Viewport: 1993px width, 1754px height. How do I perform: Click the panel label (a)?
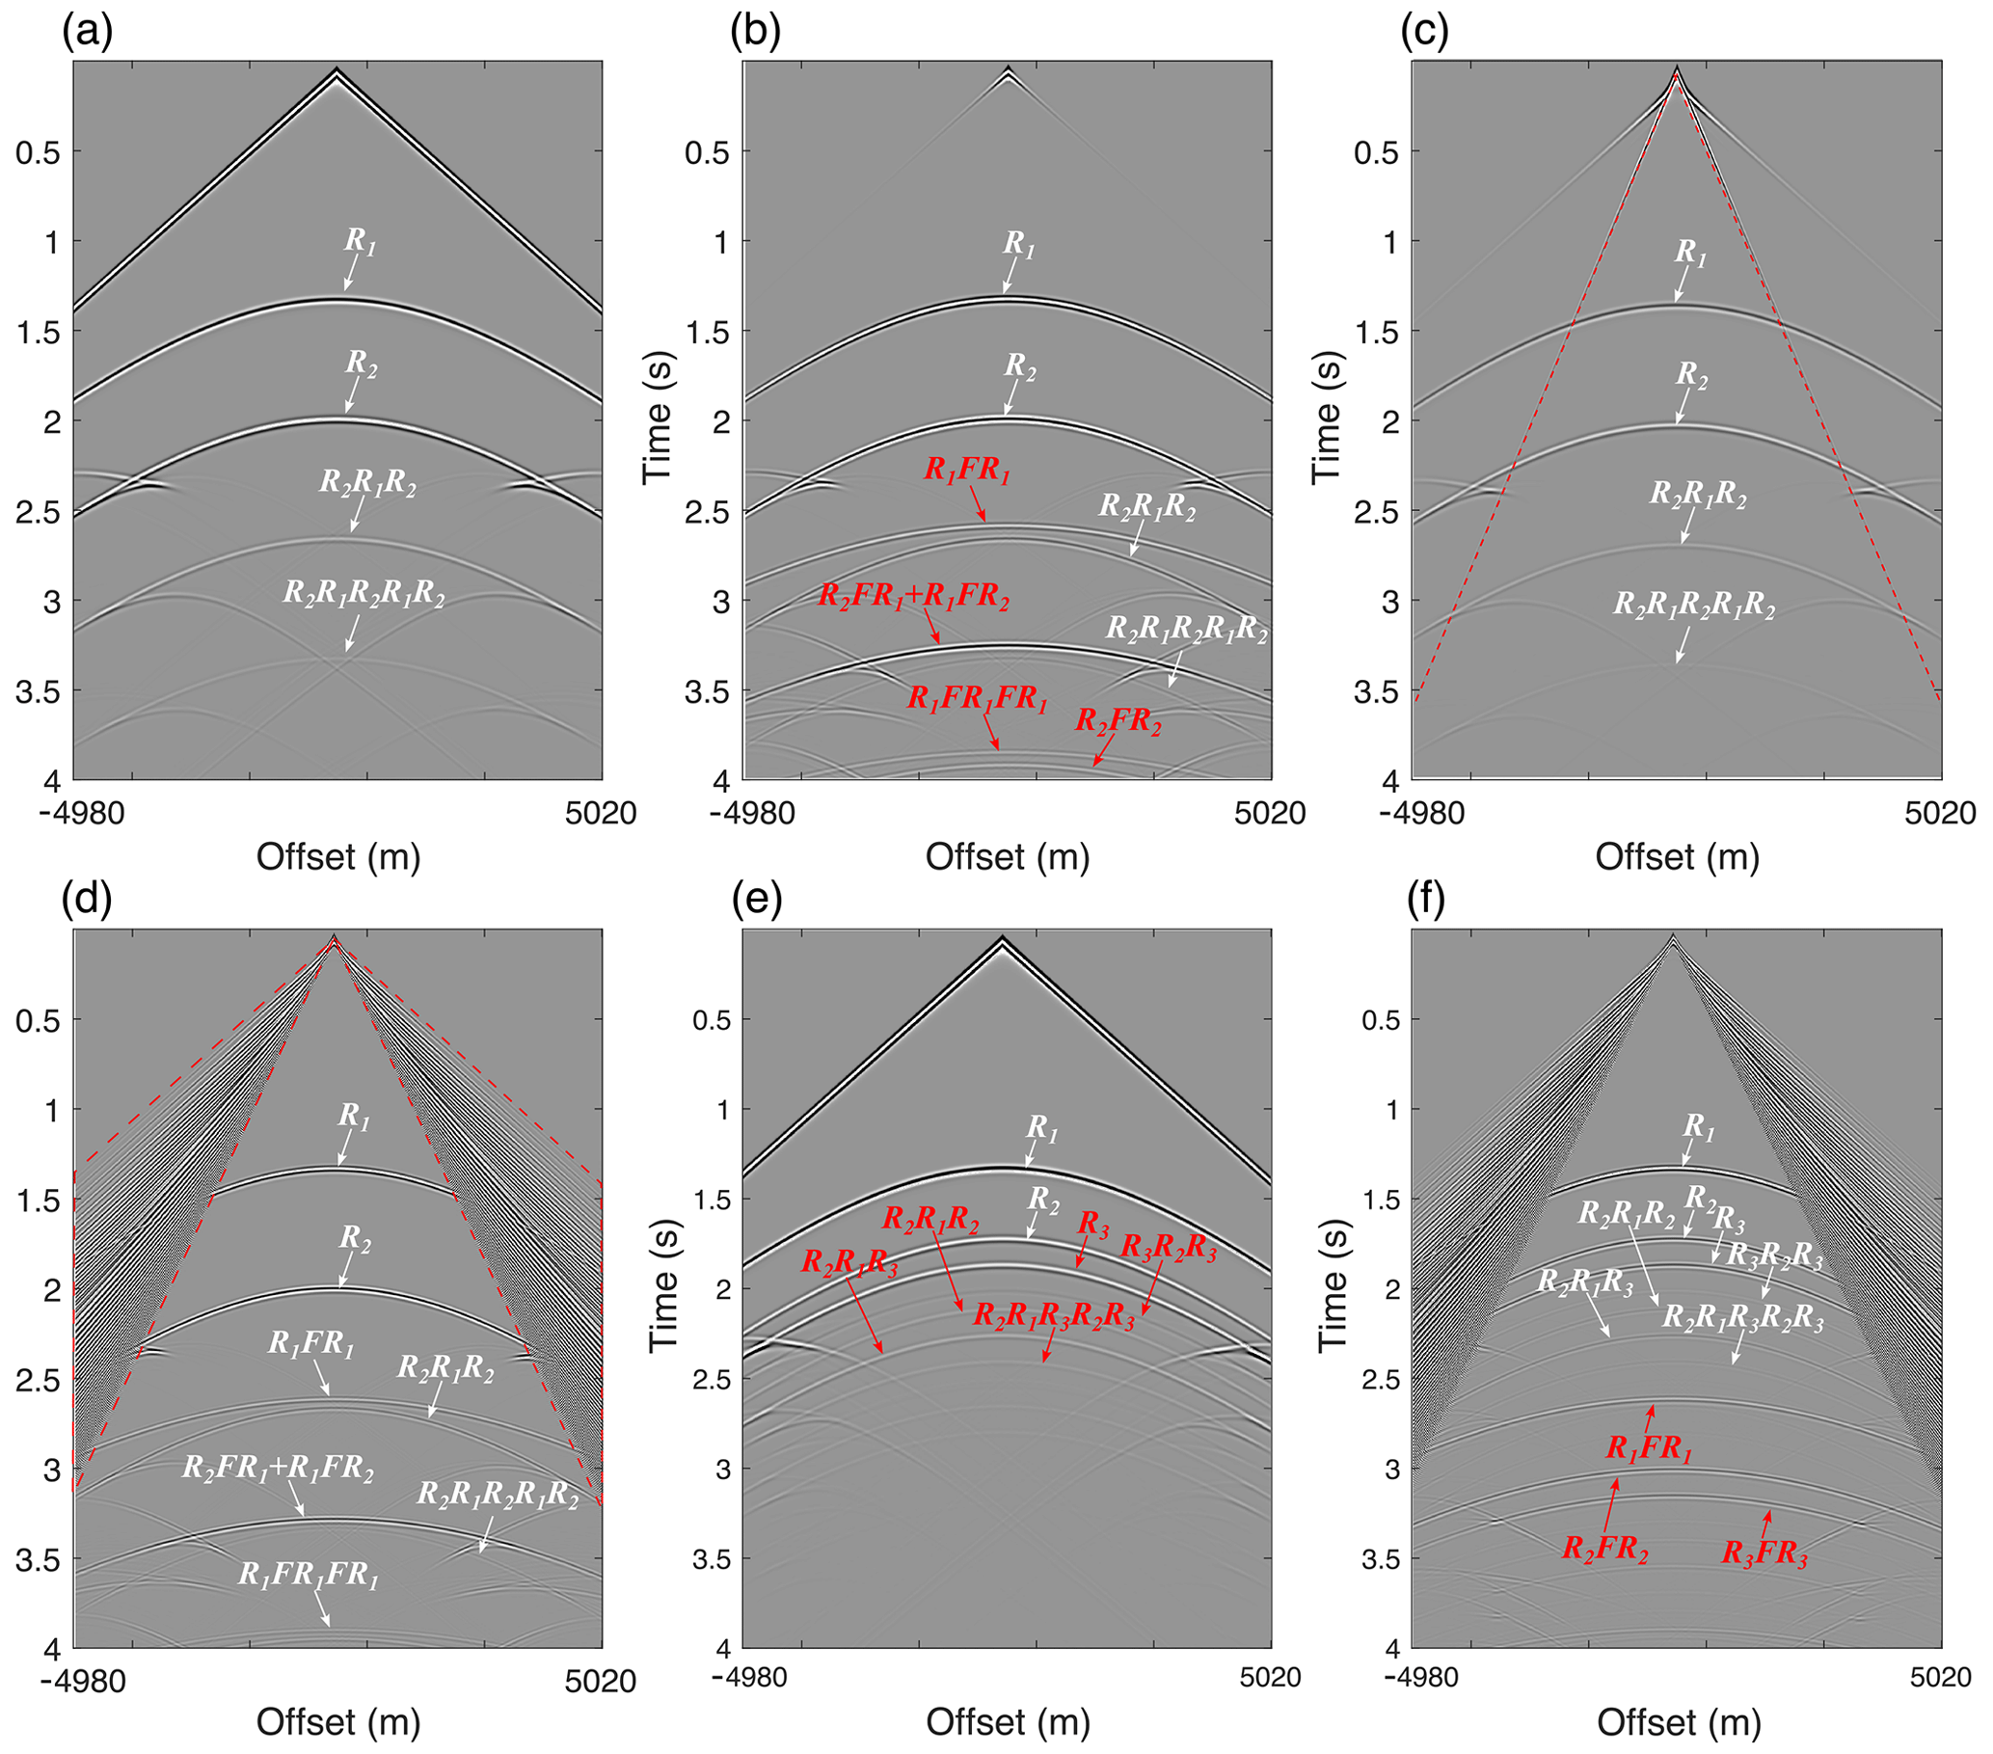click(x=88, y=31)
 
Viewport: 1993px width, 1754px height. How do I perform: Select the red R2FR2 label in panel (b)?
click(x=1118, y=722)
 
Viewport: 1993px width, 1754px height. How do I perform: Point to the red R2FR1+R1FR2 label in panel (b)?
click(x=914, y=596)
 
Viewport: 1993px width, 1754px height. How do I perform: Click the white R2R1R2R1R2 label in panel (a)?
click(x=364, y=594)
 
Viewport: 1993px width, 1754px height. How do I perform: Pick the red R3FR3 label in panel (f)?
click(x=1764, y=1552)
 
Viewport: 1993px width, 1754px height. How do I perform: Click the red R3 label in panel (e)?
click(x=1092, y=1226)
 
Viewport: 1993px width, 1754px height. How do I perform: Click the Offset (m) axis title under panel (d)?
click(x=338, y=1722)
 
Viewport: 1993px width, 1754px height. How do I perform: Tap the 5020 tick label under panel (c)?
click(x=1940, y=812)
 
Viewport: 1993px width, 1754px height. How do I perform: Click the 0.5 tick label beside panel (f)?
click(x=1379, y=1020)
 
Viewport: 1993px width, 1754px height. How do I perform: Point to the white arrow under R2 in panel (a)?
click(x=352, y=396)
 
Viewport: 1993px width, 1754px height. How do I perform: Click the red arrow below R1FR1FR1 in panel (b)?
click(x=989, y=732)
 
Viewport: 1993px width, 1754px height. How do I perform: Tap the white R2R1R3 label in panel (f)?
click(x=1584, y=1282)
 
